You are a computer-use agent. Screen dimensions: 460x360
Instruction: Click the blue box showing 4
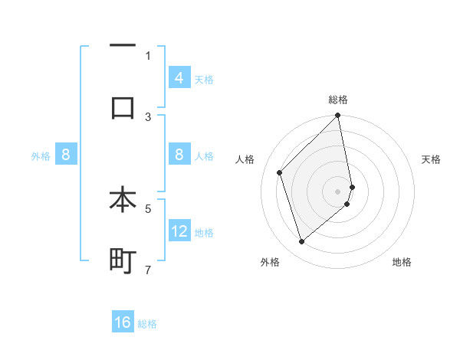(179, 78)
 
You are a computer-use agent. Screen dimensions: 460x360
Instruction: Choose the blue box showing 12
(179, 231)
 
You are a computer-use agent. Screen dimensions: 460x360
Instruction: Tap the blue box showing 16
(123, 322)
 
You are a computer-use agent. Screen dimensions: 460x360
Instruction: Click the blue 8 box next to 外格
(66, 155)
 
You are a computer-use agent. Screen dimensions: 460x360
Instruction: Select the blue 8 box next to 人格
(179, 155)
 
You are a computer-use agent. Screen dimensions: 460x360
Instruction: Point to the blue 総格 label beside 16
(147, 324)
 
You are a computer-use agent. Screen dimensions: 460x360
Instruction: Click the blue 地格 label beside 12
(204, 233)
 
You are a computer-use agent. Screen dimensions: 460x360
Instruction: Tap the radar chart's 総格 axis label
(338, 100)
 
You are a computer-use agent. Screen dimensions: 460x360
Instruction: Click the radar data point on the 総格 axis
(338, 116)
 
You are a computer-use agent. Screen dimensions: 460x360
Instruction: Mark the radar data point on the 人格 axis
(280, 172)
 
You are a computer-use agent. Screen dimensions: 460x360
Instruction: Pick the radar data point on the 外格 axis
(302, 242)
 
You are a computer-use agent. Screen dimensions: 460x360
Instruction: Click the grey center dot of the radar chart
(338, 191)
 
